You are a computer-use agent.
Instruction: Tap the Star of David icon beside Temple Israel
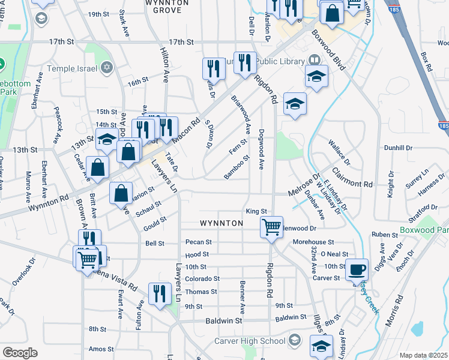(107, 68)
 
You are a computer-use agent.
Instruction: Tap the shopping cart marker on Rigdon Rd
(271, 227)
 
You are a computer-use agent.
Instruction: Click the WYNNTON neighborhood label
(221, 223)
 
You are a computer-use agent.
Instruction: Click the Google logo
(20, 353)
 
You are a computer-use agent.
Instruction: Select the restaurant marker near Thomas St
(159, 294)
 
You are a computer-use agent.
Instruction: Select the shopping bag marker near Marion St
(121, 193)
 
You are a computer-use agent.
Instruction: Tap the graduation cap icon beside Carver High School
(295, 341)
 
